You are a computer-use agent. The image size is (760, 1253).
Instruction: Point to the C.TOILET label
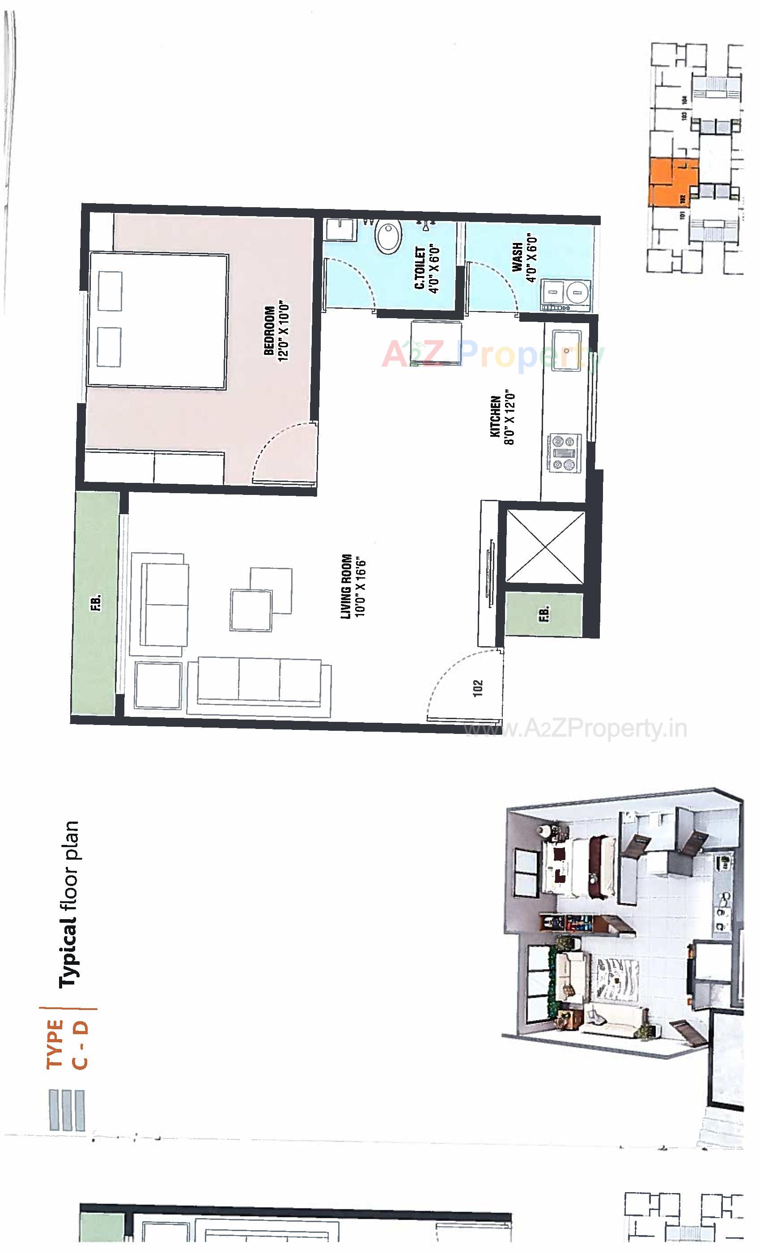(x=420, y=268)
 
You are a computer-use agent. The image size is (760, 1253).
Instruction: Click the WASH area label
(x=517, y=257)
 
